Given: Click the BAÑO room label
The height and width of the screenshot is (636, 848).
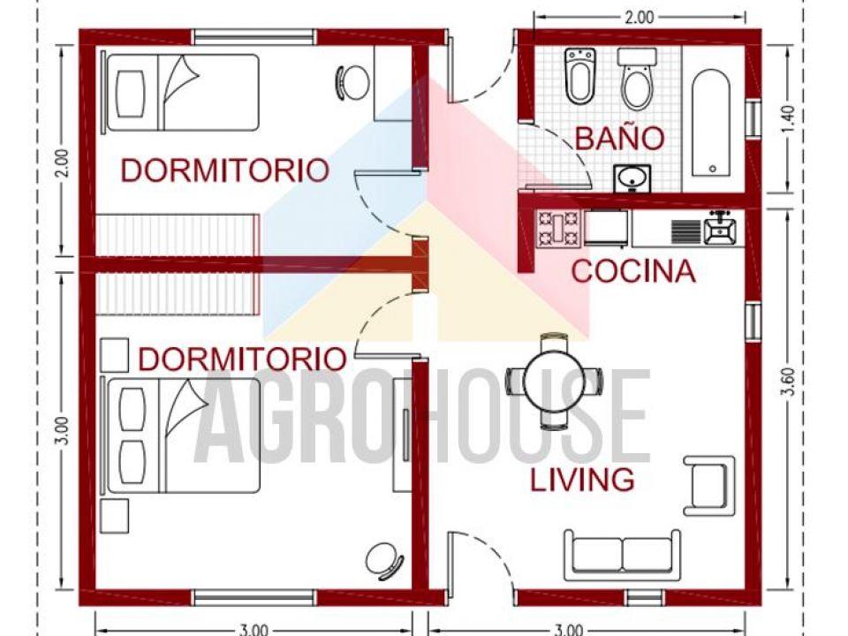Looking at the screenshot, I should (x=619, y=138).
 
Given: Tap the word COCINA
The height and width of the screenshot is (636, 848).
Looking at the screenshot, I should (x=632, y=271).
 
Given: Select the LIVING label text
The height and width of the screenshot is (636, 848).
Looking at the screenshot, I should (x=582, y=480).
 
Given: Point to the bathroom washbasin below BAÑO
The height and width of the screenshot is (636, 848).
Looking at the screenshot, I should (x=632, y=178).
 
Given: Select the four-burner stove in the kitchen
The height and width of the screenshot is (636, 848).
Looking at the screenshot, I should (x=558, y=228).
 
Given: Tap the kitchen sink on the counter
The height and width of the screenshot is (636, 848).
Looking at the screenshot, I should (x=720, y=229).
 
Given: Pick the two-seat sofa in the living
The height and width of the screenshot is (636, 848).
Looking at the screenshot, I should (x=623, y=555).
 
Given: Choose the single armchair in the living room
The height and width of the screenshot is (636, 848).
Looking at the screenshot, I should (x=709, y=485).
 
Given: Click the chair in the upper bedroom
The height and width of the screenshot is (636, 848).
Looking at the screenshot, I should (x=353, y=83).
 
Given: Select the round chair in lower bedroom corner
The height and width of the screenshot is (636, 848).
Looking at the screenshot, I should (x=385, y=559).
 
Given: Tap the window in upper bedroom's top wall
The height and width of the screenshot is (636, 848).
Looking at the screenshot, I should (x=254, y=37).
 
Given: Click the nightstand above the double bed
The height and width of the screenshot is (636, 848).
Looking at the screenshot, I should (x=115, y=355).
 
